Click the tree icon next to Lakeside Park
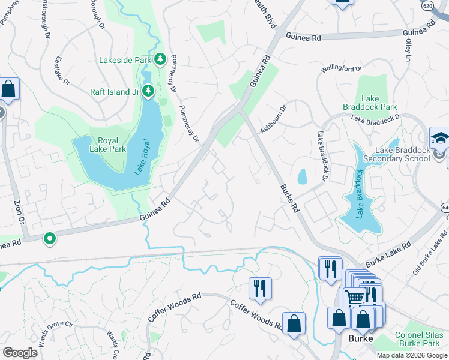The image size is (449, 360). point(160,59)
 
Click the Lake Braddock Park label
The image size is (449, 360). point(379,103)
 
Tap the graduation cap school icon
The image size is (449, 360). point(439,137)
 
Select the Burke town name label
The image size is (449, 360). point(361,338)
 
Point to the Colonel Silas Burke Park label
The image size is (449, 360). point(420,340)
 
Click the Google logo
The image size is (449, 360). point(20,353)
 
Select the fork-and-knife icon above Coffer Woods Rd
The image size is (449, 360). point(260,288)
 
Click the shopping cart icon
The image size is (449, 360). point(354,296)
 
